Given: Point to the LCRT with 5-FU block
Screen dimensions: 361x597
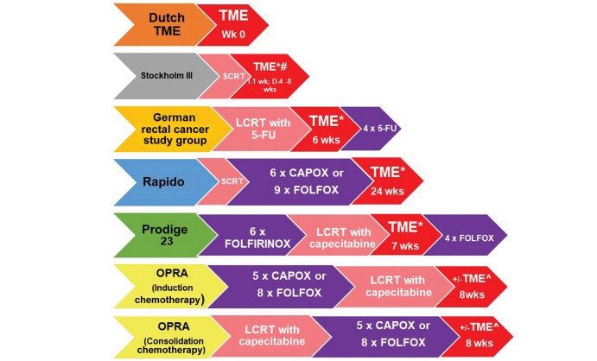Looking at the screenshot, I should point(251,129).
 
